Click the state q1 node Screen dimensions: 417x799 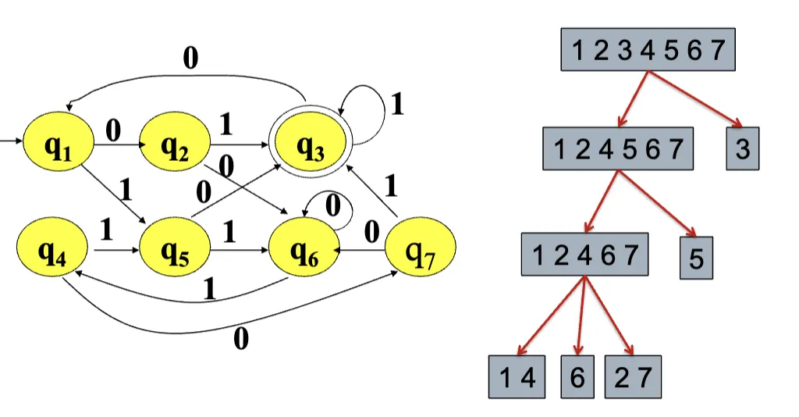pyautogui.click(x=59, y=144)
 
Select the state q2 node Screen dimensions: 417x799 pyautogui.click(x=176, y=144)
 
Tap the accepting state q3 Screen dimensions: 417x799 pyautogui.click(x=310, y=147)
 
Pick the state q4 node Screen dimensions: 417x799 pyautogui.click(x=53, y=251)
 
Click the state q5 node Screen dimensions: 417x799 pyautogui.click(x=176, y=251)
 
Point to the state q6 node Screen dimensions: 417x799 pyautogui.click(x=304, y=251)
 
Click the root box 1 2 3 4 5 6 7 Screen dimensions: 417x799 pyautogui.click(x=648, y=51)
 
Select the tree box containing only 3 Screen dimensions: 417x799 pyautogui.click(x=742, y=148)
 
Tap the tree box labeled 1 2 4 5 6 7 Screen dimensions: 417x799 pyautogui.click(x=618, y=148)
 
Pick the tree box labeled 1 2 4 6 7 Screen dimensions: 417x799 pyautogui.click(x=584, y=254)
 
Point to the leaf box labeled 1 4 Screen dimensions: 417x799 pyautogui.click(x=517, y=377)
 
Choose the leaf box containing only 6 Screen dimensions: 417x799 pyautogui.click(x=577, y=377)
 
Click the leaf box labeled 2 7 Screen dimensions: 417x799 pyautogui.click(x=632, y=377)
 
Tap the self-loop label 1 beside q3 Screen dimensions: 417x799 pyautogui.click(x=397, y=105)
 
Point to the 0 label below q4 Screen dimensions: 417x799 pyautogui.click(x=240, y=339)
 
